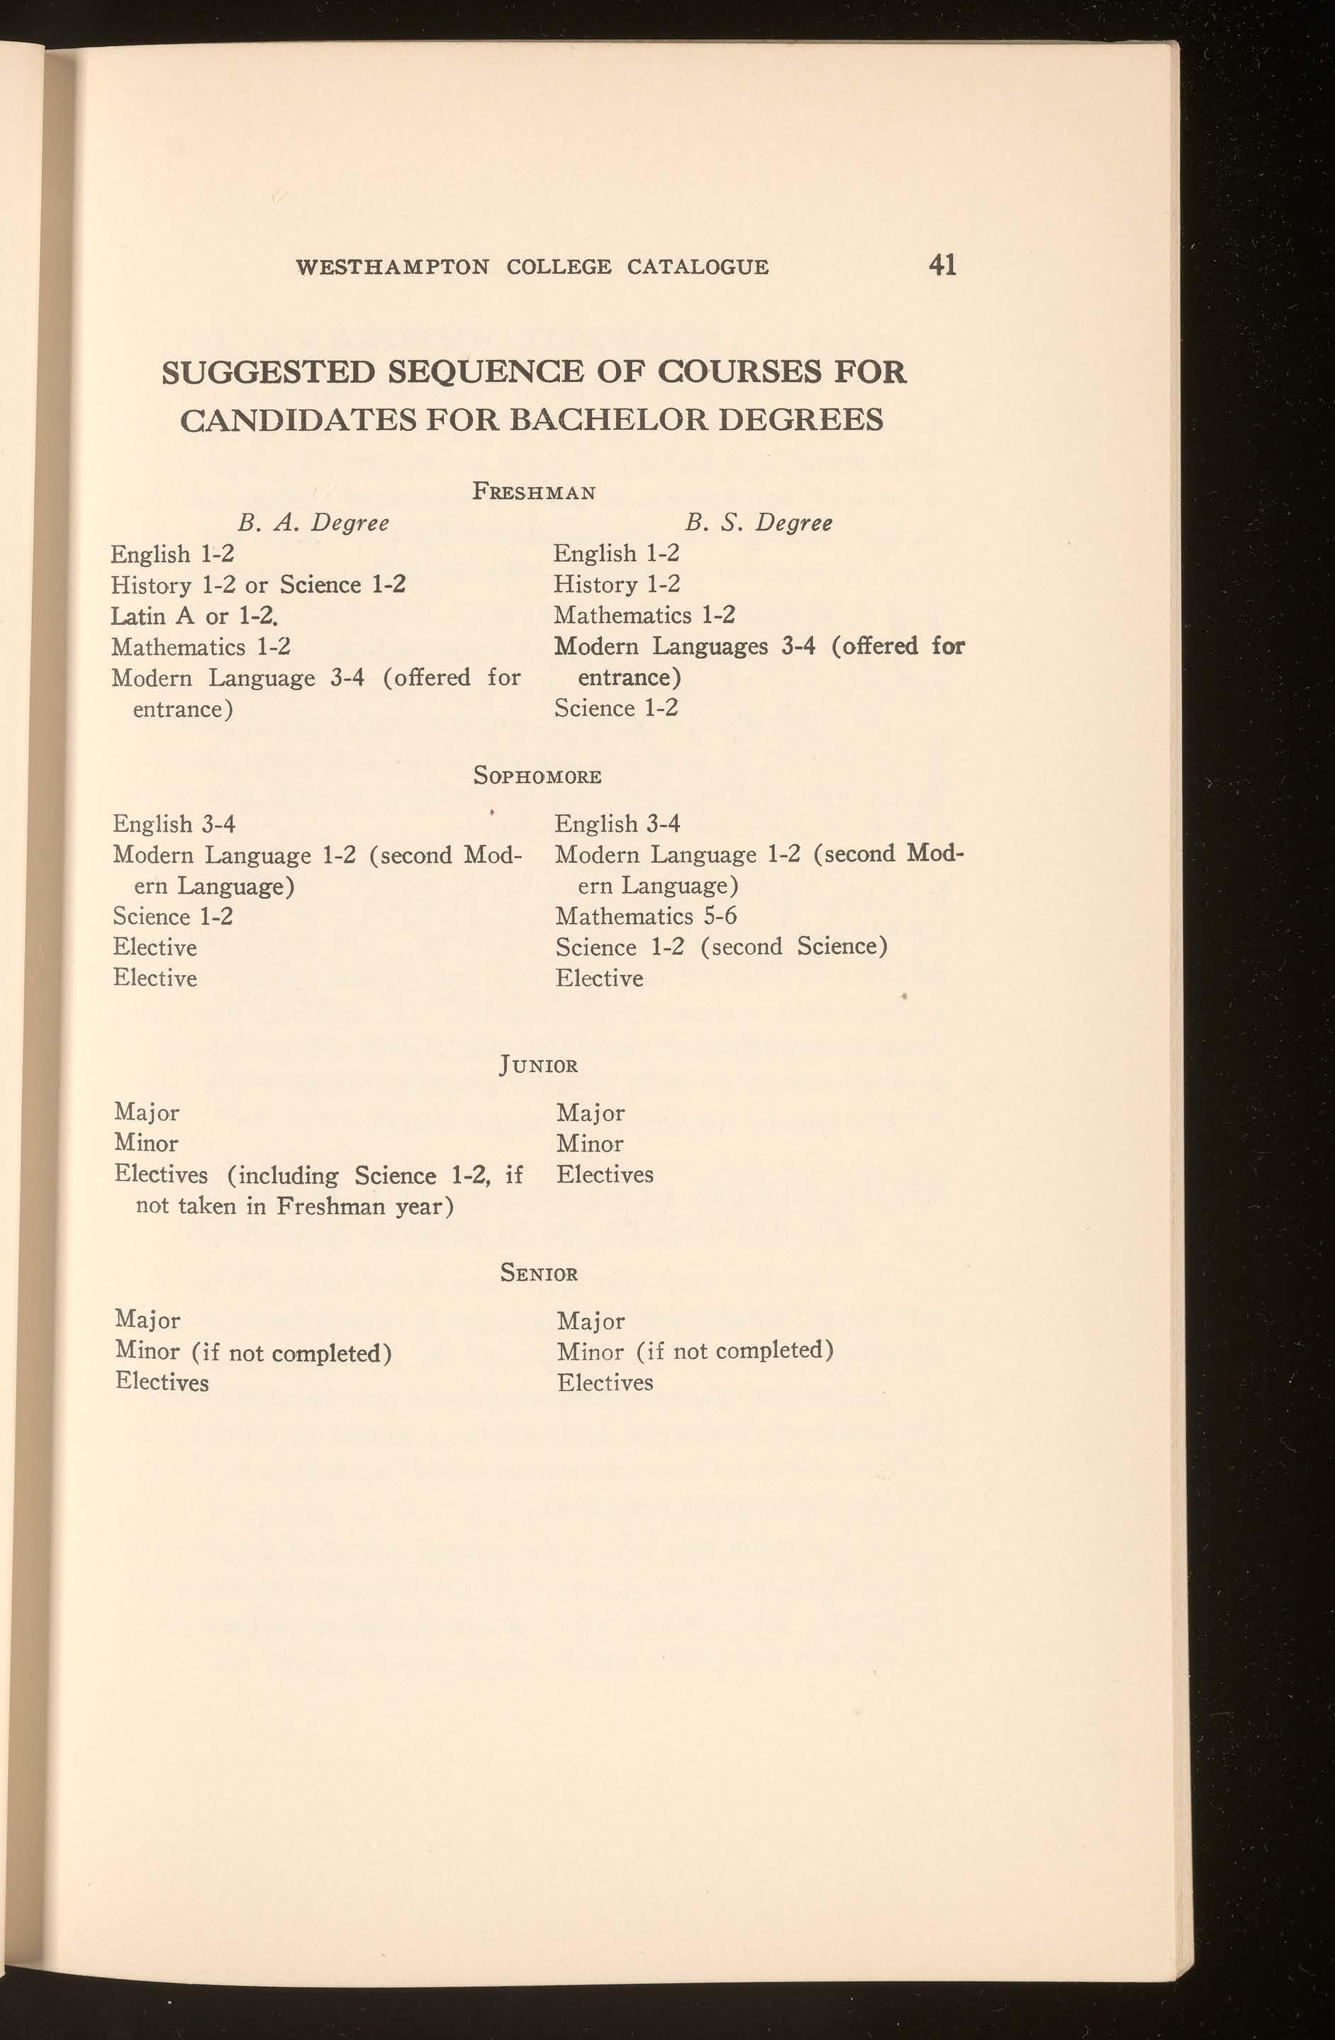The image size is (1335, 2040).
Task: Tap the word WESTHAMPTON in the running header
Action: tap(392, 267)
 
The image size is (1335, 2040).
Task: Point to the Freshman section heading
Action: tap(534, 492)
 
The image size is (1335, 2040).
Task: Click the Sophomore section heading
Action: tap(537, 777)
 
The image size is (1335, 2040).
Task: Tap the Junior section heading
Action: tap(538, 1066)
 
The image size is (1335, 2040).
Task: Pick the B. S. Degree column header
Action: tap(759, 522)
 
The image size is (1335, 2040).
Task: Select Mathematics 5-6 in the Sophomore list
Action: tap(646, 916)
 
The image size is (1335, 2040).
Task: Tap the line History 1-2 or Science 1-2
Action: tap(258, 585)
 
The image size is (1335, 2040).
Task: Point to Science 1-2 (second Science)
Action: tap(721, 947)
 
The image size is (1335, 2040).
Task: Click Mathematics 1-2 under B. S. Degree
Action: tap(644, 616)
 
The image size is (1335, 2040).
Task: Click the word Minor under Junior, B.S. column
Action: tap(590, 1144)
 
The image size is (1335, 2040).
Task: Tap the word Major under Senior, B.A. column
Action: tap(147, 1321)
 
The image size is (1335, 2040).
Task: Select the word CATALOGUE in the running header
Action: tap(697, 267)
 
